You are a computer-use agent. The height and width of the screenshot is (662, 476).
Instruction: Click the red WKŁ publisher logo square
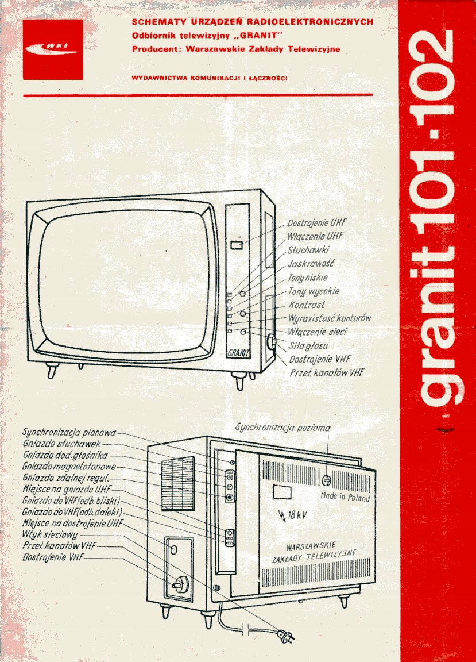pyautogui.click(x=53, y=49)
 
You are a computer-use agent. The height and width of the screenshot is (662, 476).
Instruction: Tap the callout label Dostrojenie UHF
pyautogui.click(x=317, y=223)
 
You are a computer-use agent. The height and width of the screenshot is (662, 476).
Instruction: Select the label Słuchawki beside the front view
pyautogui.click(x=308, y=251)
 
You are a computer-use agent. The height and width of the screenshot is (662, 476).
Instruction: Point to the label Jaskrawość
pyautogui.click(x=311, y=264)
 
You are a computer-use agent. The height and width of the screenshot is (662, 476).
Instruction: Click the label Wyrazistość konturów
pyautogui.click(x=330, y=318)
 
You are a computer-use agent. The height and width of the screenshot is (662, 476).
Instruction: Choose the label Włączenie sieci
pyautogui.click(x=318, y=332)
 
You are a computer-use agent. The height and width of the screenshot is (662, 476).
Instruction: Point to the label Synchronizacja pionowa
pyautogui.click(x=69, y=432)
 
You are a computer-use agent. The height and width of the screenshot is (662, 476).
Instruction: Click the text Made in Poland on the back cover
pyautogui.click(x=345, y=497)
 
